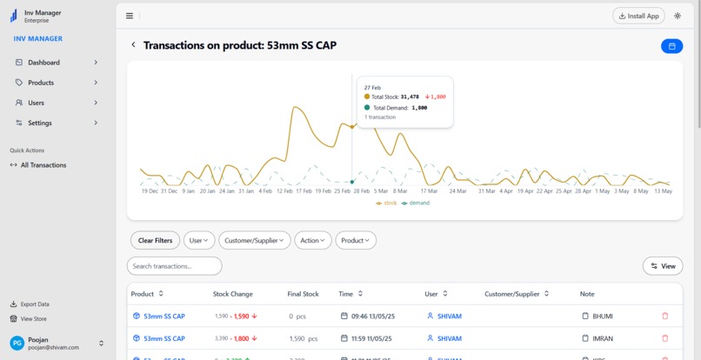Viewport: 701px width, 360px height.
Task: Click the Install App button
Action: [x=639, y=16]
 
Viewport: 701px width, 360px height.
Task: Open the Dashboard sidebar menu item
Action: [x=43, y=63]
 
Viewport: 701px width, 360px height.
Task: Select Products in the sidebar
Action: [x=40, y=83]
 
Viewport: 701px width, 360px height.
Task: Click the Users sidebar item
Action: [x=36, y=103]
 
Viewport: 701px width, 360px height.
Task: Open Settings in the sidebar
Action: [x=39, y=123]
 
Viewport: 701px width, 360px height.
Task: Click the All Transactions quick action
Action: [x=43, y=165]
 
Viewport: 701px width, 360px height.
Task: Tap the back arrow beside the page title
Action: [x=133, y=45]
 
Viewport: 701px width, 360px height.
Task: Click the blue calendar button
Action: [x=671, y=46]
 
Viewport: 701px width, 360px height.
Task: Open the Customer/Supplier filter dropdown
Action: [x=254, y=240]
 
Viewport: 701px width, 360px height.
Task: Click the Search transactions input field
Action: [x=174, y=266]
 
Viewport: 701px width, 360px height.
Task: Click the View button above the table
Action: [x=662, y=266]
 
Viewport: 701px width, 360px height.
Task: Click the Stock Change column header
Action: [x=233, y=294]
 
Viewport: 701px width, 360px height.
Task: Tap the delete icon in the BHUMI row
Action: [x=665, y=317]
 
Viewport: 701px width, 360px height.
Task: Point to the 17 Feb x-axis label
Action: [x=304, y=190]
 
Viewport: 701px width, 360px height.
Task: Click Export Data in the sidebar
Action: [x=35, y=304]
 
